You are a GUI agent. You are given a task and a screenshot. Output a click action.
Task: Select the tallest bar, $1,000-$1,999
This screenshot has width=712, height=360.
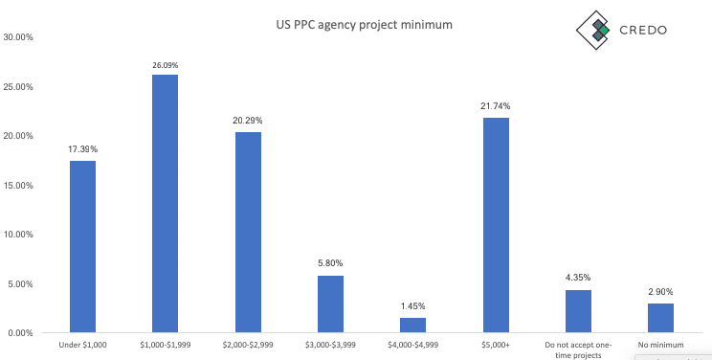tap(165, 203)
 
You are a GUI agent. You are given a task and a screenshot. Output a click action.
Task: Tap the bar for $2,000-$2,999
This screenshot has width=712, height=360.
tap(247, 232)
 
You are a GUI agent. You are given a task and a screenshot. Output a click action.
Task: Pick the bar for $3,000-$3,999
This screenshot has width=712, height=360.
tap(330, 304)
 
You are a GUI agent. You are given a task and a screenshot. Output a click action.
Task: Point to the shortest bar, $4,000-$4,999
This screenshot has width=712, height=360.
tap(412, 325)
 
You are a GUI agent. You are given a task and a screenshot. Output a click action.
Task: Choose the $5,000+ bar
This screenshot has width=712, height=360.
tap(496, 225)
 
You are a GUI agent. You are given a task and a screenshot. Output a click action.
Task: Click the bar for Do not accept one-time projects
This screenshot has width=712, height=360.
tap(578, 311)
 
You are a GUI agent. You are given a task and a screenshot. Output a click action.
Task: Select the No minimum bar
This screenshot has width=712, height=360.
tap(661, 317)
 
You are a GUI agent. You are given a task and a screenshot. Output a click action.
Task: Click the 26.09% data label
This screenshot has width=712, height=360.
tap(165, 65)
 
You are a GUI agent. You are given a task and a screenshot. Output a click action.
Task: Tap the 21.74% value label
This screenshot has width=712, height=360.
tap(496, 107)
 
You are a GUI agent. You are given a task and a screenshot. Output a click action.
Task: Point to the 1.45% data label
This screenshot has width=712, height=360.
tap(412, 306)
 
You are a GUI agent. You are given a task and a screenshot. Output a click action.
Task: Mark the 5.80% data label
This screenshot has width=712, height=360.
tap(330, 263)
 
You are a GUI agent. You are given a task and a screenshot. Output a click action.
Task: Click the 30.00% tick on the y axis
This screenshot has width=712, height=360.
tap(19, 37)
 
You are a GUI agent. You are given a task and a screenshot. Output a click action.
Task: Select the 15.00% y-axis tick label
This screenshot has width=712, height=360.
tap(19, 185)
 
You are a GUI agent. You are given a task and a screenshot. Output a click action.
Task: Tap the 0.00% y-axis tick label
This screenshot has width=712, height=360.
tap(21, 333)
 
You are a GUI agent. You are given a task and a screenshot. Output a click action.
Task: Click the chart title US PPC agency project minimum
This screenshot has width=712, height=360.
tap(358, 24)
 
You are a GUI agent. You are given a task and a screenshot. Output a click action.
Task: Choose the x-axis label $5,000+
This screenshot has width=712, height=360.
tap(496, 344)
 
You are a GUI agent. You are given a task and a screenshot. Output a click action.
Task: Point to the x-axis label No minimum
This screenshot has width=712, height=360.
tap(661, 344)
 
